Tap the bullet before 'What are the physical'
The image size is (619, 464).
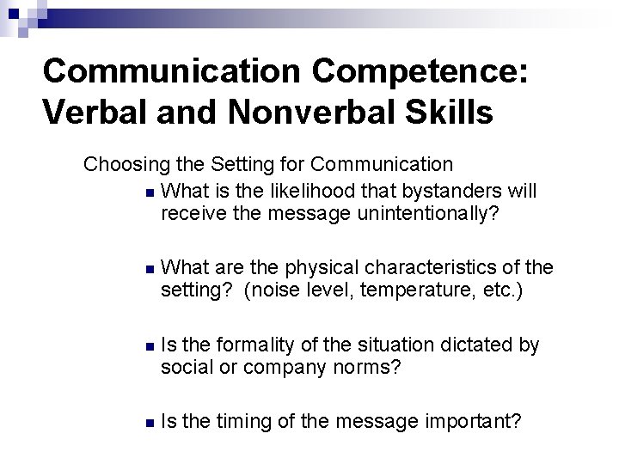point(150,269)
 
